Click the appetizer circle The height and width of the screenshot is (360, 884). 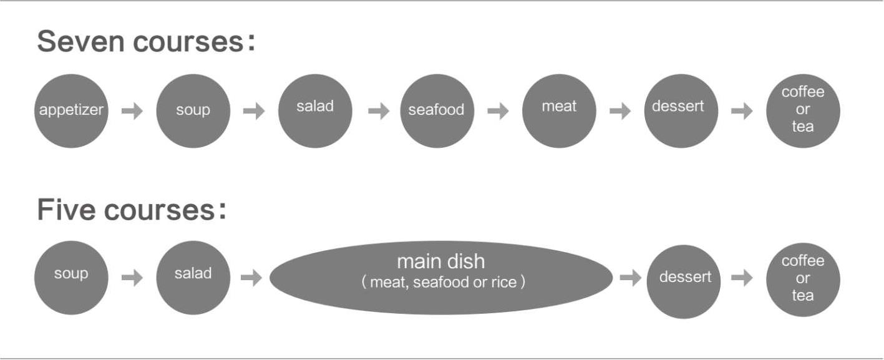[x=70, y=111]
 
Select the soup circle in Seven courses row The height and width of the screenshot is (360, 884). [x=193, y=111]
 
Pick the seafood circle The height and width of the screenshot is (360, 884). [x=437, y=111]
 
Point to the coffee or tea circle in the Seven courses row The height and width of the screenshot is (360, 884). [x=803, y=111]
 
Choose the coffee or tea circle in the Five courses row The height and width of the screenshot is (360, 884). [x=803, y=280]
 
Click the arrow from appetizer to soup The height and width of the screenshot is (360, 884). [x=132, y=111]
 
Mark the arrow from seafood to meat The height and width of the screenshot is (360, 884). [x=498, y=111]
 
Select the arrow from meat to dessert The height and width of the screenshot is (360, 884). [x=619, y=111]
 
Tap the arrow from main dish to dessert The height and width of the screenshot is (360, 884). [x=631, y=278]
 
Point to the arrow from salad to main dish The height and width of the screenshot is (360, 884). [x=251, y=278]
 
